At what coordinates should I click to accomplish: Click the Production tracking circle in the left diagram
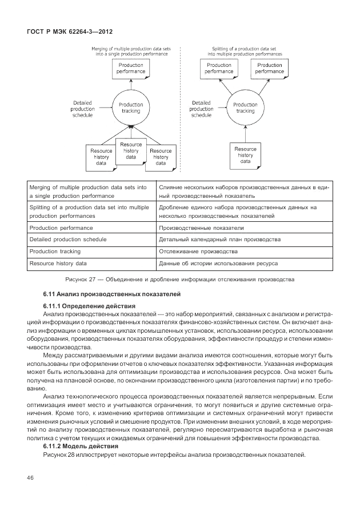[131, 107]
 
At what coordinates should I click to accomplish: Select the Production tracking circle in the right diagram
[245, 107]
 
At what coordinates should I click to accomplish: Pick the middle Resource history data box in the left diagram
[131, 150]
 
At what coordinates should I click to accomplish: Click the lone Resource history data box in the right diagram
[245, 155]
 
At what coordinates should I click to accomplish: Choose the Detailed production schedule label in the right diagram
[201, 109]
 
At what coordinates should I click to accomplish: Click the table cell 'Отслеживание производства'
[198, 251]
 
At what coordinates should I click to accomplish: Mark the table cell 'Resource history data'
[58, 263]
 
